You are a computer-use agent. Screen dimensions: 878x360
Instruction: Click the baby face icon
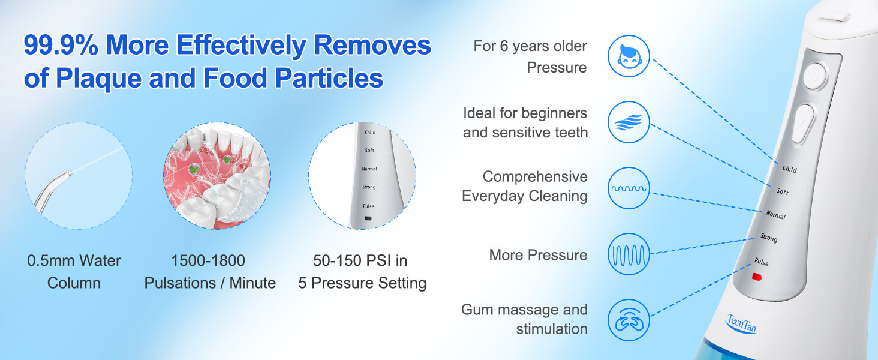coord(629,56)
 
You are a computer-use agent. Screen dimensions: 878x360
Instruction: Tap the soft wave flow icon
coord(629,122)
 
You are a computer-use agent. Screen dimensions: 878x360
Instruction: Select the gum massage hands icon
coord(629,320)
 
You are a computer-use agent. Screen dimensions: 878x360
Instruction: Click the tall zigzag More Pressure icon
coord(629,254)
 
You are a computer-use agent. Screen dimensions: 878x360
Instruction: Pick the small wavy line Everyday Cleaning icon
coord(629,188)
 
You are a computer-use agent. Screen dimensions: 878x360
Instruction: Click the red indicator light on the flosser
coord(756,277)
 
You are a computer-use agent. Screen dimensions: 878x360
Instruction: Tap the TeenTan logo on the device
coord(741,324)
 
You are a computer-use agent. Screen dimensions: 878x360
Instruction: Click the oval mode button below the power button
coord(803,123)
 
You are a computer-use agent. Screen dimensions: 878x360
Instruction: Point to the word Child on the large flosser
coord(789,169)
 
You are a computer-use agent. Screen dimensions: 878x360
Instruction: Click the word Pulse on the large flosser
coord(761,262)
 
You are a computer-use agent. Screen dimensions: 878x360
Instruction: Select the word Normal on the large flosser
coord(775,215)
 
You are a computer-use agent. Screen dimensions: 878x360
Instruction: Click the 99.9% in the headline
coord(61,45)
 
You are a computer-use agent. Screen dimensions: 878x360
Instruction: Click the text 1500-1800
coord(208,261)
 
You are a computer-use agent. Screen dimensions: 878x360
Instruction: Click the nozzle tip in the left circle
coord(68,173)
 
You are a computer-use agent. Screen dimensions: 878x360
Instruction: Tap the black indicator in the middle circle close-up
coord(368,218)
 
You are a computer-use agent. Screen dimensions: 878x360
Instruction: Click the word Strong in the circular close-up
coord(369,187)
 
